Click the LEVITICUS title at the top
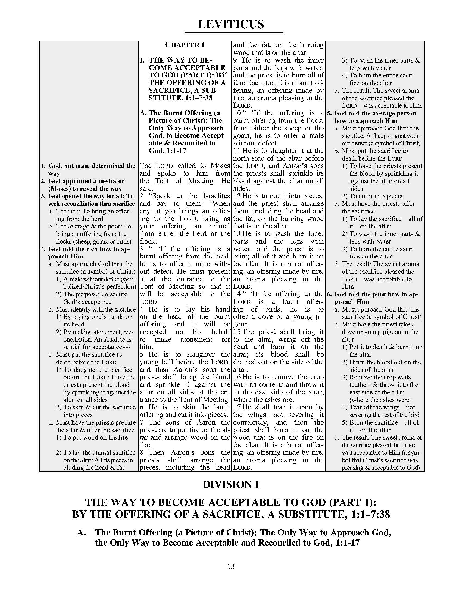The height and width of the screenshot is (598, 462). click(x=231, y=24)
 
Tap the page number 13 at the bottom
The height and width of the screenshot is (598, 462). click(x=231, y=566)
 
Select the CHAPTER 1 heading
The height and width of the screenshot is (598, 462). click(x=185, y=45)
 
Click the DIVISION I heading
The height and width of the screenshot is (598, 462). click(x=231, y=484)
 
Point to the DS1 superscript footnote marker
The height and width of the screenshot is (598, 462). click(x=127, y=346)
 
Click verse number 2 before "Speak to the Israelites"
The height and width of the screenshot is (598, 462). click(x=142, y=196)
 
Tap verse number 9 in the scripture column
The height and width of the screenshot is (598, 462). click(x=235, y=60)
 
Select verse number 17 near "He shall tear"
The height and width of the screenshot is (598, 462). click(x=237, y=407)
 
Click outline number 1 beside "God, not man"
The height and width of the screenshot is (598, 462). click(x=43, y=166)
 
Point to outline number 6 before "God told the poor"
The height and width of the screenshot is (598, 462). click(x=329, y=294)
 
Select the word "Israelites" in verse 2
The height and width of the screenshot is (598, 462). click(x=216, y=196)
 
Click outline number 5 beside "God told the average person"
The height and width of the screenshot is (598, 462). click(x=329, y=113)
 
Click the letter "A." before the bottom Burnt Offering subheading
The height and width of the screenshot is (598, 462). click(x=82, y=532)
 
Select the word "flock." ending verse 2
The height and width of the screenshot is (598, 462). click(x=148, y=241)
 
